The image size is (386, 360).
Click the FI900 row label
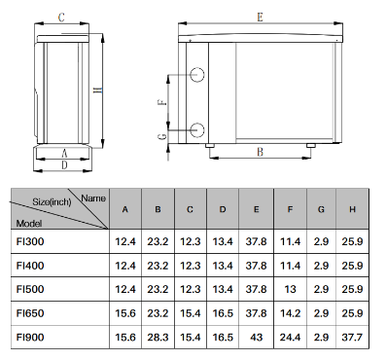tap(30, 338)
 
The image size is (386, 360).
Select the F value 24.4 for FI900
tap(290, 338)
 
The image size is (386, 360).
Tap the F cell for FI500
tap(290, 289)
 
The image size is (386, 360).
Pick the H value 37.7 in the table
tap(352, 338)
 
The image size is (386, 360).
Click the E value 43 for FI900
tap(256, 338)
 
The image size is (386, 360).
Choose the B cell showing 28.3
tap(158, 338)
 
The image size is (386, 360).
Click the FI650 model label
tap(30, 313)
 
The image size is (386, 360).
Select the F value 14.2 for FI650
tap(290, 313)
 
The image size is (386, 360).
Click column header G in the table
tap(321, 209)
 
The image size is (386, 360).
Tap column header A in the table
tap(125, 209)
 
